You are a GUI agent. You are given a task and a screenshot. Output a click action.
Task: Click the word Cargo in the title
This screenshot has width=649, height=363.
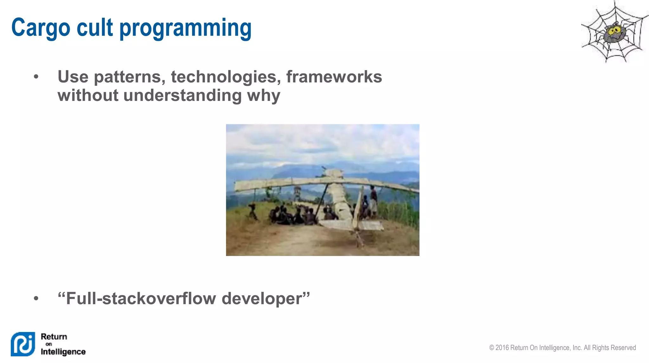click(x=41, y=28)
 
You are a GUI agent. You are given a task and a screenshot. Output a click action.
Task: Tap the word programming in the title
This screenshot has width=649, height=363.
click(x=185, y=28)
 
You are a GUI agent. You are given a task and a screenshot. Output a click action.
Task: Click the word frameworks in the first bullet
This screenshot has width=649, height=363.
click(x=334, y=77)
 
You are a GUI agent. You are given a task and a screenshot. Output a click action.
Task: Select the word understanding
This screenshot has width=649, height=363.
click(x=182, y=96)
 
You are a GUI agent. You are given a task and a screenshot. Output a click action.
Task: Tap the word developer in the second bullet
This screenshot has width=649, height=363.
click(x=266, y=299)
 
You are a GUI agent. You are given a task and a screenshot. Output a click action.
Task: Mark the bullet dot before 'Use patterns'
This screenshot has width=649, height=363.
click(x=36, y=77)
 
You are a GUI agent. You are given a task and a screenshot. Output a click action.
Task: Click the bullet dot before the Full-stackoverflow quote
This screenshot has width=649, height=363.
click(x=36, y=298)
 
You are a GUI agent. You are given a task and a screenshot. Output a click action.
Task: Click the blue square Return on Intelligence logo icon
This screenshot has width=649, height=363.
click(x=23, y=344)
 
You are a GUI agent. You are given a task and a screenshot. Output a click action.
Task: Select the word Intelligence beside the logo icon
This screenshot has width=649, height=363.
click(x=63, y=352)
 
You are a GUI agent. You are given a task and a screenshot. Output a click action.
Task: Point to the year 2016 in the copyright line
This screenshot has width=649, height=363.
click(x=502, y=347)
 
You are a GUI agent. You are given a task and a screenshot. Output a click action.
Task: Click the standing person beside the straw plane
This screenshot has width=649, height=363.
click(x=374, y=199)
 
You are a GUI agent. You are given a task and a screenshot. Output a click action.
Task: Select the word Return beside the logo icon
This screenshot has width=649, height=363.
click(x=54, y=336)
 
